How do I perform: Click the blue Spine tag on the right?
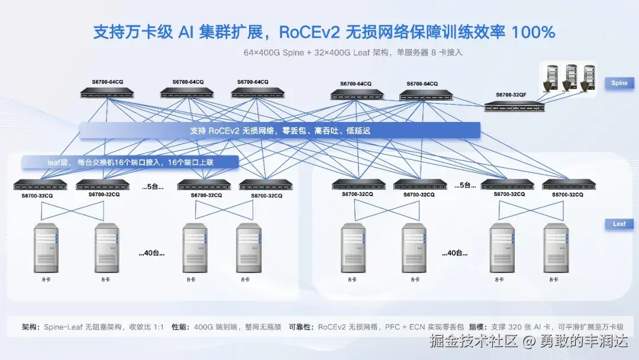tap(619, 83)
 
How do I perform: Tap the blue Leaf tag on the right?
tap(619, 224)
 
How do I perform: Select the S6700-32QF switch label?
tap(511, 95)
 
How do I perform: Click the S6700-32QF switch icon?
tap(514, 107)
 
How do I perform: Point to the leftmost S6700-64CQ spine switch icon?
tap(107, 93)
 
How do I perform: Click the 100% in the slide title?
tap(533, 32)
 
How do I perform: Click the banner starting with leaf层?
tap(130, 162)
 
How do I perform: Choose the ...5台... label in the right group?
tap(465, 185)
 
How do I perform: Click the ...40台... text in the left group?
tap(151, 253)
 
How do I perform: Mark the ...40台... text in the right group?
tap(454, 253)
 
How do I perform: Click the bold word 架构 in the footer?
tap(30, 327)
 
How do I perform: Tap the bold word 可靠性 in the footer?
tap(301, 327)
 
